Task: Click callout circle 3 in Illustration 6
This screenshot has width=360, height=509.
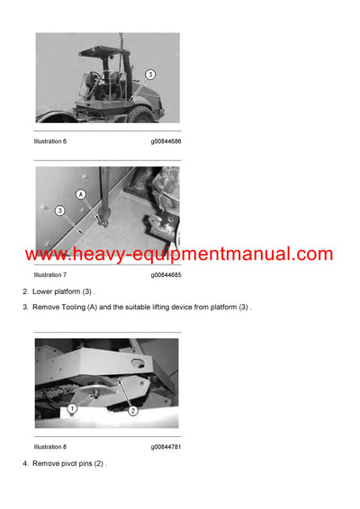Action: (x=150, y=75)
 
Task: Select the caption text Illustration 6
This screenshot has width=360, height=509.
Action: (x=51, y=141)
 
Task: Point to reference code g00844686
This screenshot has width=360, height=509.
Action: (x=166, y=141)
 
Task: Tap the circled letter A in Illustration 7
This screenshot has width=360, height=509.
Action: (x=82, y=193)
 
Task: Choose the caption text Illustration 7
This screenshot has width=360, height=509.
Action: (x=51, y=274)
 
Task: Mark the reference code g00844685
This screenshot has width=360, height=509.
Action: (x=166, y=274)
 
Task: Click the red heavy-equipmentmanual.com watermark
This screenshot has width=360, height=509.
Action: (x=179, y=254)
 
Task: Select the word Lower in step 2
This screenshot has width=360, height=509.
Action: (x=43, y=292)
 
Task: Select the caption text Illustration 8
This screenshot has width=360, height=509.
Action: (x=51, y=446)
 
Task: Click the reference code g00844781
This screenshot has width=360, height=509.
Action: (x=166, y=446)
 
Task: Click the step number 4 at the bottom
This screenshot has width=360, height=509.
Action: (x=25, y=463)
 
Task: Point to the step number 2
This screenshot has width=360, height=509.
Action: (x=25, y=292)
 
